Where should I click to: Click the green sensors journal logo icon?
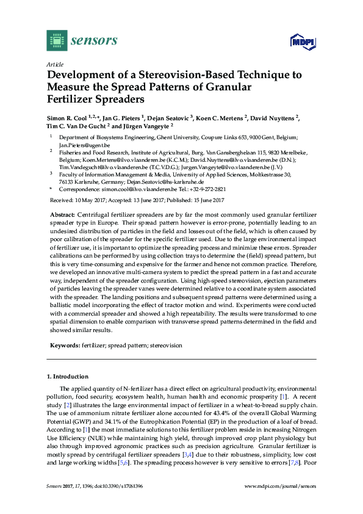pos(57,40)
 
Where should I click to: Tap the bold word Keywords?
pos(65,346)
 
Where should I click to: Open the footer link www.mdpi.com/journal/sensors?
pos(280,486)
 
